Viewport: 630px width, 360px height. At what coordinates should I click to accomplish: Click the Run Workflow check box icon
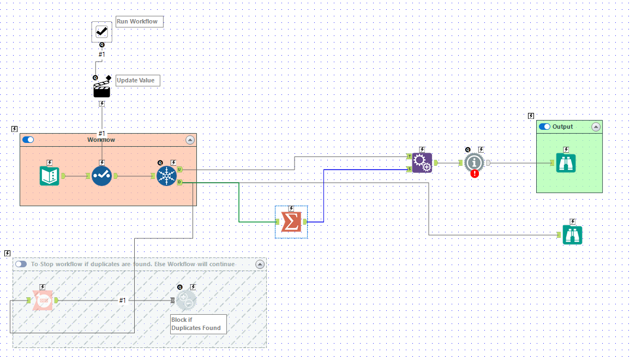(101, 32)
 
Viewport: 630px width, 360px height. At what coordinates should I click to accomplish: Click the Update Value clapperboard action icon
(101, 89)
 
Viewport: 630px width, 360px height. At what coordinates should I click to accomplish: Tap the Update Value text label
(136, 80)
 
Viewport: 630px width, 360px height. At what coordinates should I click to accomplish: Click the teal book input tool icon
(50, 176)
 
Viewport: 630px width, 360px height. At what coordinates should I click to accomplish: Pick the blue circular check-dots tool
(101, 176)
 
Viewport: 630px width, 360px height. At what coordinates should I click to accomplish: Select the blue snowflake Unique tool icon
(166, 176)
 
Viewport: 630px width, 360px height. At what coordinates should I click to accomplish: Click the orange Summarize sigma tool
(291, 221)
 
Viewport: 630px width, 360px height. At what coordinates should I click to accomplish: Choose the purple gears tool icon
(422, 163)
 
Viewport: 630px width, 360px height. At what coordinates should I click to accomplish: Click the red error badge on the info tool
(475, 173)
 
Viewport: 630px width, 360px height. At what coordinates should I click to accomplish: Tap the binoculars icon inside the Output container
(566, 163)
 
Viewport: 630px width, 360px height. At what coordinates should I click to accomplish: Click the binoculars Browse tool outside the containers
(572, 235)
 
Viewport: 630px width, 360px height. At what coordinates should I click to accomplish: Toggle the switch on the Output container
(544, 127)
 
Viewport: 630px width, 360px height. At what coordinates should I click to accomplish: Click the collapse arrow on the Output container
(596, 127)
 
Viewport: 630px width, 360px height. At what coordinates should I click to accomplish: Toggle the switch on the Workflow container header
(28, 140)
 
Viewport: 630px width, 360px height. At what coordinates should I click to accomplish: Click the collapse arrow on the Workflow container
(190, 140)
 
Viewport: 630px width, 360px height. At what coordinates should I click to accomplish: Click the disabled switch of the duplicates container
(21, 264)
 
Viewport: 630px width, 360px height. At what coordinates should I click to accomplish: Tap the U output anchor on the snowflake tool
(179, 170)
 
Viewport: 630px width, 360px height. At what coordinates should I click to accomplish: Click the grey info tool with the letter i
(474, 162)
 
